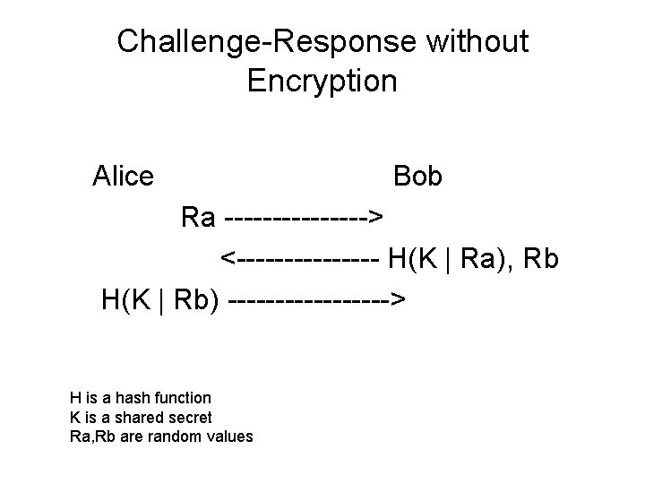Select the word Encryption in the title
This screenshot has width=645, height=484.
click(x=322, y=82)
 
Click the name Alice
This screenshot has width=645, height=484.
click(x=123, y=176)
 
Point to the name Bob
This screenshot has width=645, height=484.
click(x=417, y=176)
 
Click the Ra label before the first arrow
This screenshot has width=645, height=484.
click(x=198, y=217)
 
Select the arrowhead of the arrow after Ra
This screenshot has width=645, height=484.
click(x=377, y=218)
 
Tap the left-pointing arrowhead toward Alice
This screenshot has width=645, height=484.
click(x=229, y=260)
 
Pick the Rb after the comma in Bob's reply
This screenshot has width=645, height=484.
click(x=541, y=259)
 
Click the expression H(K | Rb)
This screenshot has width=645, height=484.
click(x=161, y=300)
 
